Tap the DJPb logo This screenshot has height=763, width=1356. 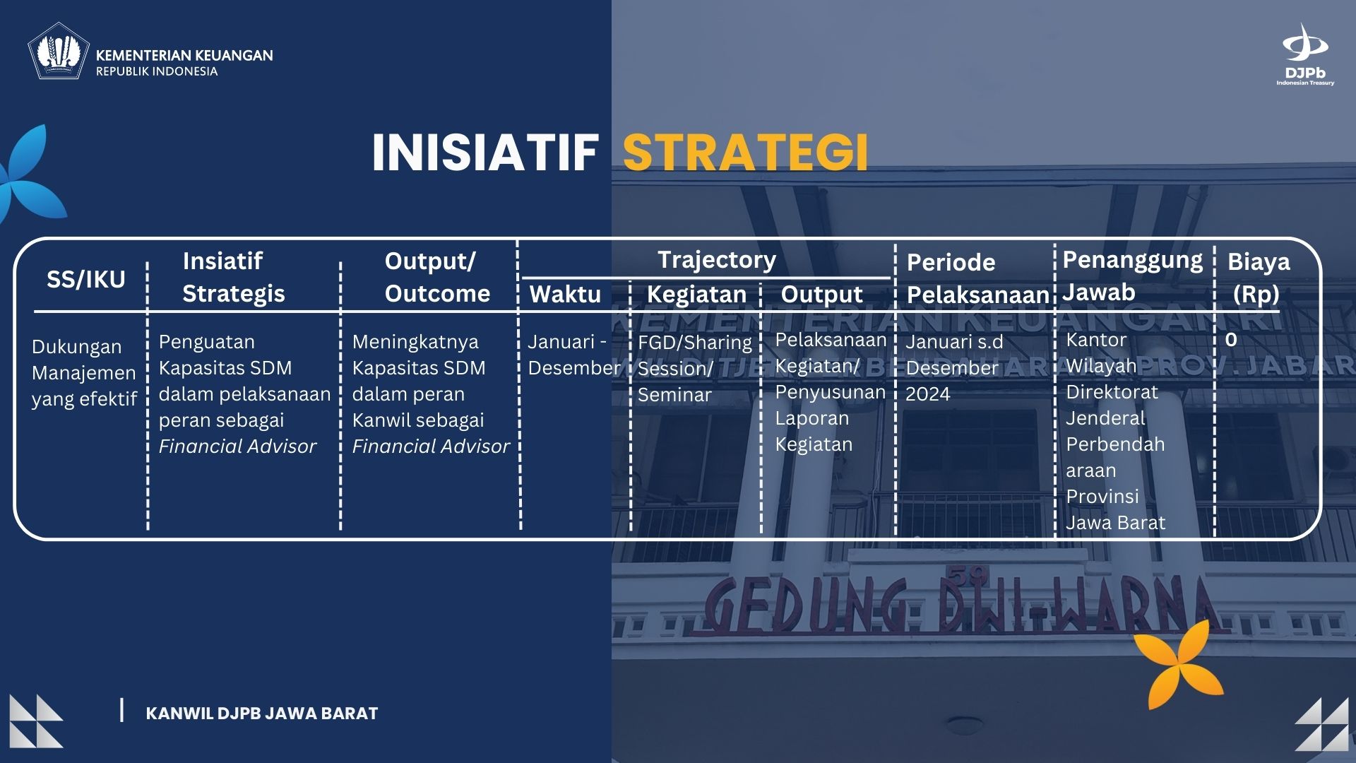point(1305,54)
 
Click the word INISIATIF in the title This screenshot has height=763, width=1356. point(485,153)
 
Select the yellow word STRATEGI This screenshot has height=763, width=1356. point(745,153)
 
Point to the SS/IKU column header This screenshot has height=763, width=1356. point(86,279)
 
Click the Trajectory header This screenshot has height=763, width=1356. point(717,259)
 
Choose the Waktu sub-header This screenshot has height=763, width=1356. point(565,294)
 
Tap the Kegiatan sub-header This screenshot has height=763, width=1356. point(696,294)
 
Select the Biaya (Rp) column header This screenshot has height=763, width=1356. point(1258,277)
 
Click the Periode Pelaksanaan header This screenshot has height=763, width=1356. point(977,278)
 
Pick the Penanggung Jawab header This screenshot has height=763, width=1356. point(1132,276)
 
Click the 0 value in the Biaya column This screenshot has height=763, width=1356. point(1231,340)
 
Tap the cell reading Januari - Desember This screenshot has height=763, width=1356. point(573,355)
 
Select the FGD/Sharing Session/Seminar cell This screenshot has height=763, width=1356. point(695,368)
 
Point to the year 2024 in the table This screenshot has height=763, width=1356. point(928,394)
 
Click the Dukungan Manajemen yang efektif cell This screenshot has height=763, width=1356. point(84,372)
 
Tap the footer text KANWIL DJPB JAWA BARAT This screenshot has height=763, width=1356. point(261,714)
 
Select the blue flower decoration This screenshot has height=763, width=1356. point(32,173)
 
